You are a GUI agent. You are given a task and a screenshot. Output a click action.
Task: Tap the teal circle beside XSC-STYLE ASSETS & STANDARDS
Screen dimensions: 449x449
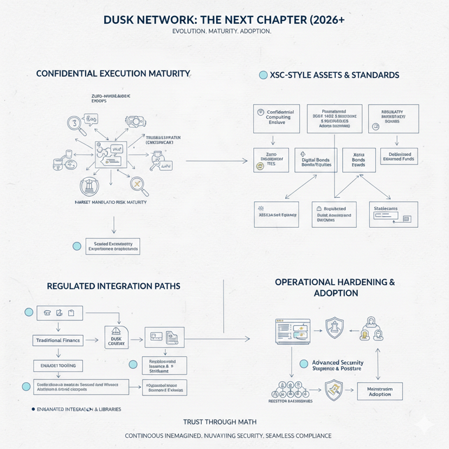(x=263, y=75)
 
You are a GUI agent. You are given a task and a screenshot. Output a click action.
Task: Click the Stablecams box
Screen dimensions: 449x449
(x=393, y=214)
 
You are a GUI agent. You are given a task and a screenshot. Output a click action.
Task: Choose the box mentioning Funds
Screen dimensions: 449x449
(x=398, y=156)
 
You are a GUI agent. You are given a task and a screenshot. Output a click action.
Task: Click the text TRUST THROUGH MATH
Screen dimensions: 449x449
(x=220, y=421)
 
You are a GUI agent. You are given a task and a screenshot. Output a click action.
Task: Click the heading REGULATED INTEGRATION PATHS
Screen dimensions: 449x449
(x=113, y=285)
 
